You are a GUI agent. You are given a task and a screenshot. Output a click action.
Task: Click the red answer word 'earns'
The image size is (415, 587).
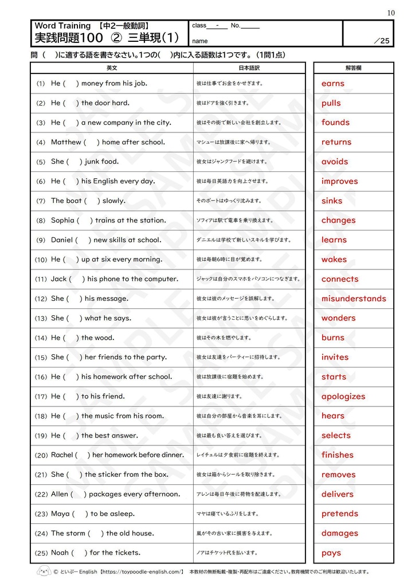point(333,84)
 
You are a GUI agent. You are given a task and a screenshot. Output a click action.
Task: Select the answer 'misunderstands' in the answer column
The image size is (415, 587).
point(354,299)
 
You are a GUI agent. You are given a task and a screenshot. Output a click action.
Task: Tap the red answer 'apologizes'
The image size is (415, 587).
point(343,397)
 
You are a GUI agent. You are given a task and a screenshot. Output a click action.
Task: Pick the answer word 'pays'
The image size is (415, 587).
point(331,553)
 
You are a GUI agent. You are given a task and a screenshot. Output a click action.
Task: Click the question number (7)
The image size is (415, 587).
point(40,201)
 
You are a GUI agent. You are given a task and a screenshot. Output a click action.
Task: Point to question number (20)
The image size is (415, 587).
point(41,455)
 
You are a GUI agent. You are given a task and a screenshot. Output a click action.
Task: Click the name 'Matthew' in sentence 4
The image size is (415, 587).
point(66,142)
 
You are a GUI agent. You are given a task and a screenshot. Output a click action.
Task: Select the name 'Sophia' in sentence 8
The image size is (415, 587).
point(62,220)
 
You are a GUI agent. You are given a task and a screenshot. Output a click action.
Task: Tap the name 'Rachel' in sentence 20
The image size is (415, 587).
point(62,455)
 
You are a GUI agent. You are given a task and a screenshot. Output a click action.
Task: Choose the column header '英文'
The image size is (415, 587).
point(112,68)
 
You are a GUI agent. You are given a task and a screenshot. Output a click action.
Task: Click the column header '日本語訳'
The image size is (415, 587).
point(249,68)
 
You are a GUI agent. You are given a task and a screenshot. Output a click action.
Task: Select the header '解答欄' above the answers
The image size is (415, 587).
point(353,68)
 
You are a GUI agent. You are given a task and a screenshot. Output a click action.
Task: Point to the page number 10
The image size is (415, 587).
point(390,13)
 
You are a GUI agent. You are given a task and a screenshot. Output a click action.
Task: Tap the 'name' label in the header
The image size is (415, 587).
point(200,41)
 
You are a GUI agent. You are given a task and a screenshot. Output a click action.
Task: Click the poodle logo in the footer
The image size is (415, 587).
point(44,571)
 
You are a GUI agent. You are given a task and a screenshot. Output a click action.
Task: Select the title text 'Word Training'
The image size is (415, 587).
point(62,26)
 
